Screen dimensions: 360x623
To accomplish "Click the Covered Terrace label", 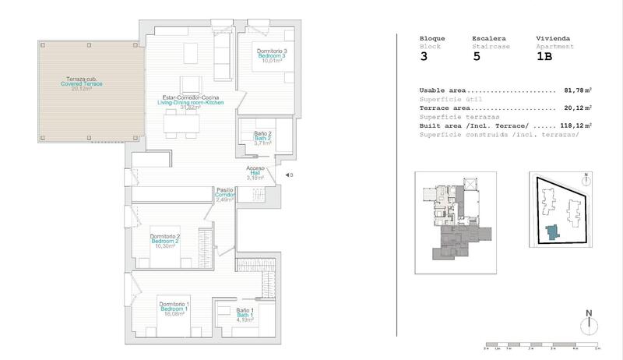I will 82,83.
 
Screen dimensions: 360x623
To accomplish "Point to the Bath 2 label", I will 262,138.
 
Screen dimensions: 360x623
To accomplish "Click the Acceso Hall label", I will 255,173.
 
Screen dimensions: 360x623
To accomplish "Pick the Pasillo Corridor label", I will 225,195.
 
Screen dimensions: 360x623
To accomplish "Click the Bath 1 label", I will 245,314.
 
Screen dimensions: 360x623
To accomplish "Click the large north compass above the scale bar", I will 590,323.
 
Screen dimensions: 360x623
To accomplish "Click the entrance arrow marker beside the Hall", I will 287,175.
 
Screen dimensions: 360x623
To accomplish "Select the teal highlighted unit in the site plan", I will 552,232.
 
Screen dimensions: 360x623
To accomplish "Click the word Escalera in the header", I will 489,38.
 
